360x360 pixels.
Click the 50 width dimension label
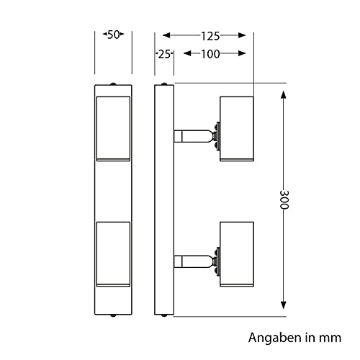pyautogui.click(x=113, y=35)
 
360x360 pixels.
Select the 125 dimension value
pyautogui.click(x=210, y=35)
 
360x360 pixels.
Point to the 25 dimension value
pyautogui.click(x=163, y=53)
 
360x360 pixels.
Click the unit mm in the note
pyautogui.click(x=329, y=337)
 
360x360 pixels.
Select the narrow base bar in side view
pyautogui.click(x=164, y=199)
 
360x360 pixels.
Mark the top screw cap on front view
pyautogui.click(x=113, y=84)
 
